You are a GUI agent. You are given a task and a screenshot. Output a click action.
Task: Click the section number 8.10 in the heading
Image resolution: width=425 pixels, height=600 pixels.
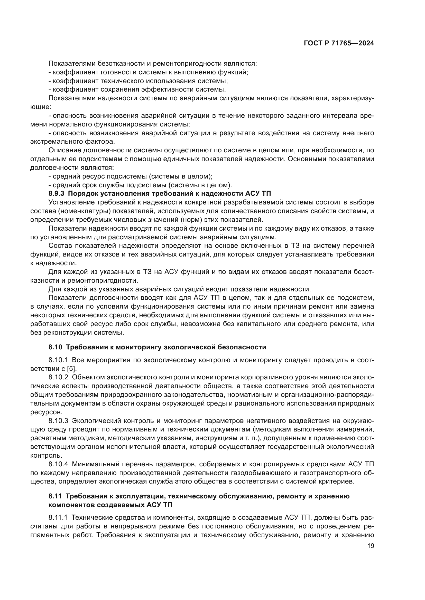click(x=55, y=347)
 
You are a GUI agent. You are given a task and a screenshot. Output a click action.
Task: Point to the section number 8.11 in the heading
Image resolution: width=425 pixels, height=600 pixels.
click(x=55, y=496)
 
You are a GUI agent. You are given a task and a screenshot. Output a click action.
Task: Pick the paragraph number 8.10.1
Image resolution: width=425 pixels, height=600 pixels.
click(x=58, y=360)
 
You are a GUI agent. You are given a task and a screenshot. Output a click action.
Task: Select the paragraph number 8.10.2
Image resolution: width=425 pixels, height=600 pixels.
click(x=58, y=377)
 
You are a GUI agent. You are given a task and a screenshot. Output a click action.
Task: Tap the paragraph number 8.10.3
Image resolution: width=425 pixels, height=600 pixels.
click(x=58, y=421)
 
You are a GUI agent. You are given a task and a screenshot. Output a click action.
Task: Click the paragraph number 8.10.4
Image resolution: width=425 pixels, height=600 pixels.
click(x=58, y=464)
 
